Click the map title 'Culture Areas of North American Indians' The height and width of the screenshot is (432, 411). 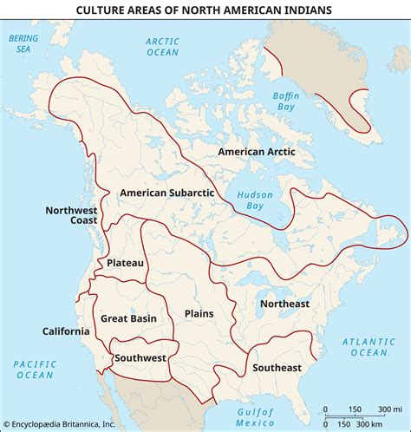[205, 10]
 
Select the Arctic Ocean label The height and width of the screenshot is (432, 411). [162, 47]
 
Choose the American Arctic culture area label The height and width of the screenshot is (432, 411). [257, 152]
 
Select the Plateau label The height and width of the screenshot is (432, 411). [125, 262]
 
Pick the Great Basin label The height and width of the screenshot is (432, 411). [127, 318]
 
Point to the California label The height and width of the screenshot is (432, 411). [66, 331]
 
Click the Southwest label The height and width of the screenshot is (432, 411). [140, 357]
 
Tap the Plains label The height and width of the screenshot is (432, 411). [199, 313]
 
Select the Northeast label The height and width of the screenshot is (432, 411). [284, 304]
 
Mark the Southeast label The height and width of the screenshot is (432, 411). [277, 368]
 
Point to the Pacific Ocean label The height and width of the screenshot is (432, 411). [34, 369]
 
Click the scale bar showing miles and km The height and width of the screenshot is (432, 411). [356, 416]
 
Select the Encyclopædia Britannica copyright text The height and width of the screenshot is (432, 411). [58, 424]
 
